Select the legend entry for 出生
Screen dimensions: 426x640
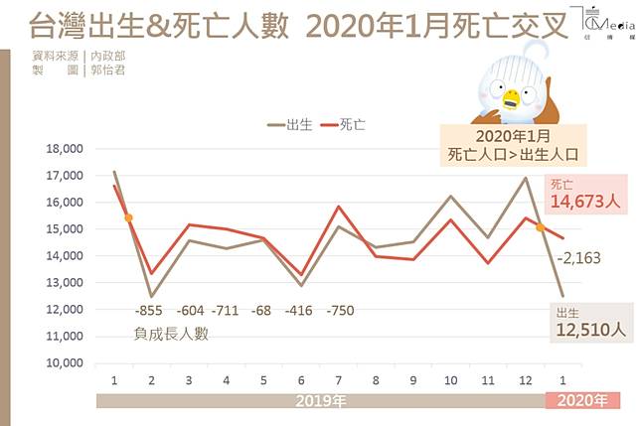291,124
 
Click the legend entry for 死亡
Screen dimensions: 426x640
343,124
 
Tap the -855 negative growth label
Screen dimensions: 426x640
151,310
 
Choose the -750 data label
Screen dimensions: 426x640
339,310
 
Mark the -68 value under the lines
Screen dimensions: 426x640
263,310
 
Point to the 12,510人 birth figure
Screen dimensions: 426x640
592,332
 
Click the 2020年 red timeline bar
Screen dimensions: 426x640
584,400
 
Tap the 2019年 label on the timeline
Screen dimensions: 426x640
321,400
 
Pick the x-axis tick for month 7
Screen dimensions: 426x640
340,380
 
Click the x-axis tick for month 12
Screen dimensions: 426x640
526,380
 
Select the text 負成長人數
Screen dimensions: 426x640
171,334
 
